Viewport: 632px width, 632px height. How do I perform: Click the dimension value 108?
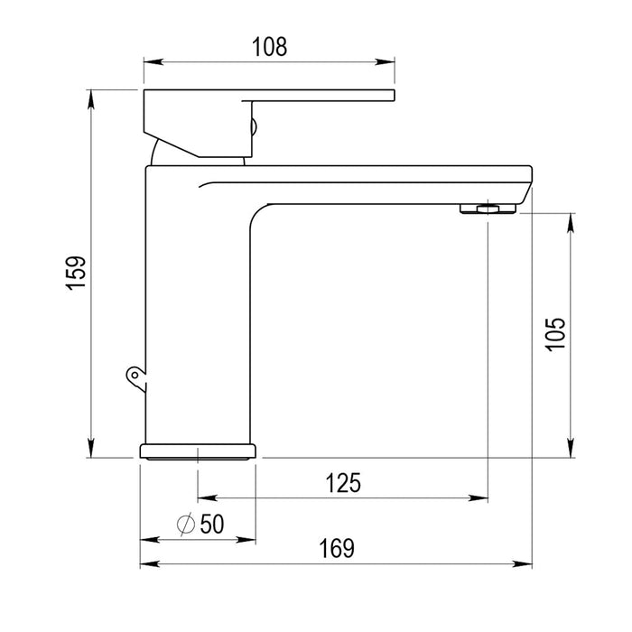pyautogui.click(x=270, y=47)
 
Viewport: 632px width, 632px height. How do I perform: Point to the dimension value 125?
pyautogui.click(x=343, y=483)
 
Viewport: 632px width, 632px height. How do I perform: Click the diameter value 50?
pyautogui.click(x=211, y=524)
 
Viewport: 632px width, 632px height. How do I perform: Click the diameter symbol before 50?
pyautogui.click(x=186, y=524)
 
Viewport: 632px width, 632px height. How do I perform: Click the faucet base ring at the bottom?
pyautogui.click(x=198, y=451)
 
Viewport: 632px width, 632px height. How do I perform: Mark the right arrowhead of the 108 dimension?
pyautogui.click(x=388, y=62)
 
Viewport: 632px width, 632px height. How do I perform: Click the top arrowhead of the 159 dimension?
pyautogui.click(x=91, y=97)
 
